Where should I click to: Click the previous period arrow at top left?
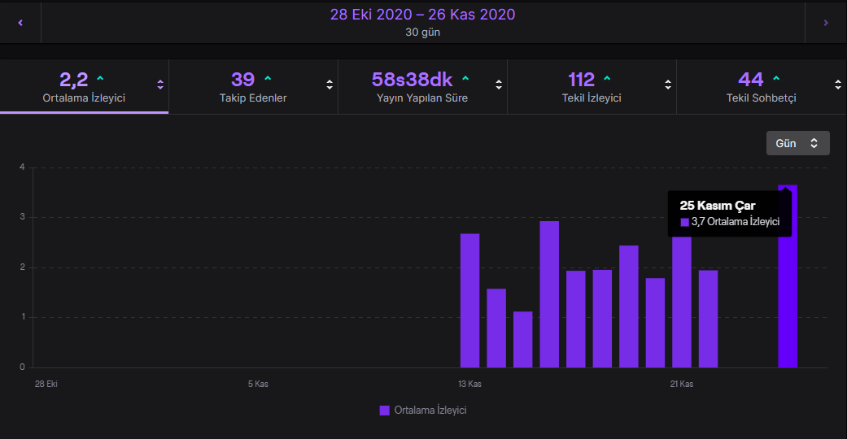20,23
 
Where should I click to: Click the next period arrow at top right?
825,23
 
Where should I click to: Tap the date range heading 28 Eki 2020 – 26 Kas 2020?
422,15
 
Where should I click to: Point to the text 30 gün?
422,33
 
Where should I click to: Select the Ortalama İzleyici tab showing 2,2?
85,86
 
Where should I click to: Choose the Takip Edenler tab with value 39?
253,86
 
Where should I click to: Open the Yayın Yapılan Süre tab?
422,86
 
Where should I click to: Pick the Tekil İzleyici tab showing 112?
592,86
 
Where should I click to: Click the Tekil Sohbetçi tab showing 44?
761,86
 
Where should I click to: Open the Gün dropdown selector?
798,143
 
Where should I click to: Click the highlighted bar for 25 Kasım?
788,276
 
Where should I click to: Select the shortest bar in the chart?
523,340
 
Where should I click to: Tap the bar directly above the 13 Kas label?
470,301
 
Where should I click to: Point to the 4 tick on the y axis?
22,167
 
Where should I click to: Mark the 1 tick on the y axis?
23,317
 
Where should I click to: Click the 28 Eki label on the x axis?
46,384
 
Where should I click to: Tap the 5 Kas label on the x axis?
258,384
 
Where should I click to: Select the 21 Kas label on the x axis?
682,384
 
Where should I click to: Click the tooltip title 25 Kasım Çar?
718,206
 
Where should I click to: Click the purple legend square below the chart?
385,411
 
